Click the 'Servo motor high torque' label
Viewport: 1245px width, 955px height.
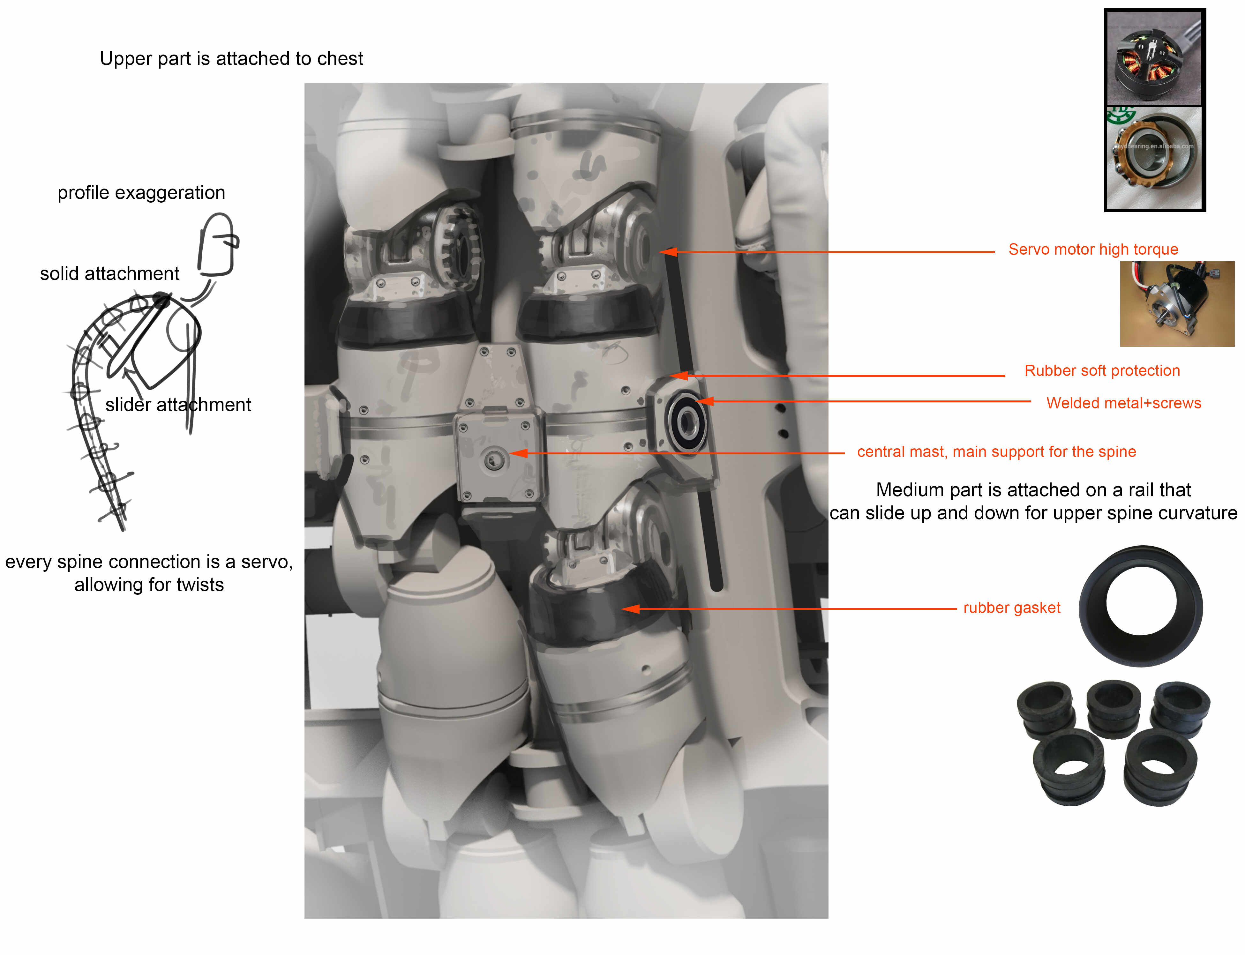click(1093, 250)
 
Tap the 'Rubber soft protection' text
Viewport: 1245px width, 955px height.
click(1102, 371)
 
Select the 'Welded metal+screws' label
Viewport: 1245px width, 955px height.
click(1123, 403)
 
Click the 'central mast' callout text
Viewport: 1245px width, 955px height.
click(996, 452)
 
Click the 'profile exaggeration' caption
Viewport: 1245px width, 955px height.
click(141, 193)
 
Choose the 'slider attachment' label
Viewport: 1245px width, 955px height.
click(178, 405)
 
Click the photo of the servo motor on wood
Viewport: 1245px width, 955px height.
click(1177, 303)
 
